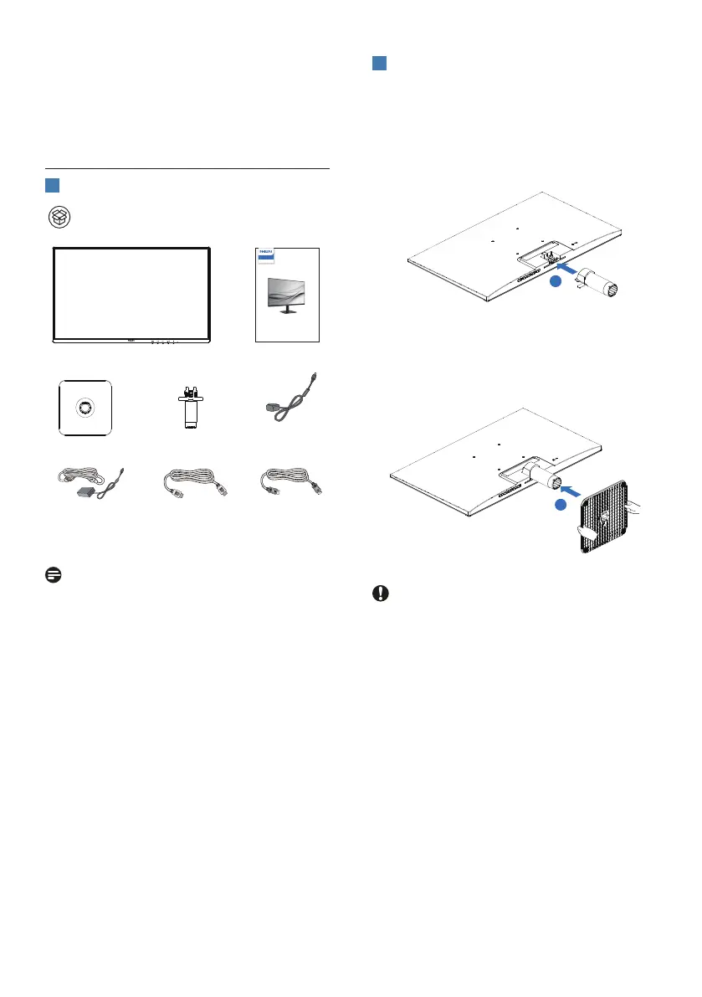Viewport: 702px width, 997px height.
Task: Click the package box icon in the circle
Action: pos(59,217)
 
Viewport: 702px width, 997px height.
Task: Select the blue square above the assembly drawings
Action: pos(379,64)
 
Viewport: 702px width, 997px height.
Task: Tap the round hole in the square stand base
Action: pos(85,408)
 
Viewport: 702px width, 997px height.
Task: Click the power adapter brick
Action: pos(85,491)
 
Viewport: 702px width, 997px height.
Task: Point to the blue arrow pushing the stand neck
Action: pos(568,270)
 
